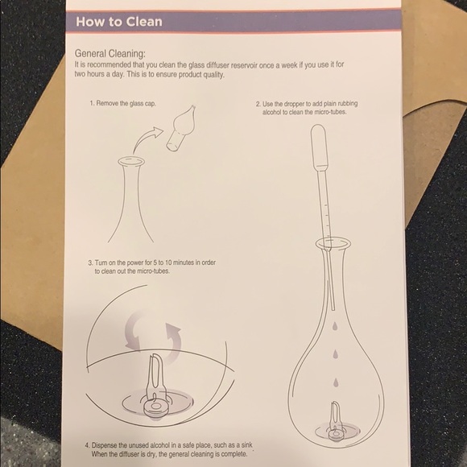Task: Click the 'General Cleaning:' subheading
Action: [x=110, y=53]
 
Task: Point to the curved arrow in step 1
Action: [x=145, y=147]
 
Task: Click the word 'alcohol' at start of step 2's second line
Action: [x=275, y=114]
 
